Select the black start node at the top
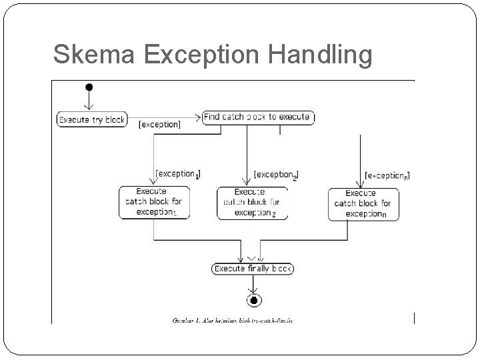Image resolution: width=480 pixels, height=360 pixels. tap(88, 87)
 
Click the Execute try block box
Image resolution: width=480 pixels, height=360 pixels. tap(91, 119)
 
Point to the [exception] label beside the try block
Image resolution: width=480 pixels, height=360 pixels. tap(159, 124)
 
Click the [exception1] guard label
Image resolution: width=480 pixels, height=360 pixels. tap(177, 174)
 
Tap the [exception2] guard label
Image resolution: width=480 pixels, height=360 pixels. tap(276, 175)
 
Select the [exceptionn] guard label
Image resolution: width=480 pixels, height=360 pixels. tap(387, 176)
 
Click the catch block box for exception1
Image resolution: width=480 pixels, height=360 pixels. tap(154, 202)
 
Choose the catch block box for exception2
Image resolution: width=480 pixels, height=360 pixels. tap(252, 203)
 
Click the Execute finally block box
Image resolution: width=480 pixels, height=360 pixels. tap(253, 269)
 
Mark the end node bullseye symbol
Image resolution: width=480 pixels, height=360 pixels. tap(253, 301)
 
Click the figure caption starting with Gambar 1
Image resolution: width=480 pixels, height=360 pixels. tap(233, 320)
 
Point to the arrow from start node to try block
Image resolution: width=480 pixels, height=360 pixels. tap(88, 100)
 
